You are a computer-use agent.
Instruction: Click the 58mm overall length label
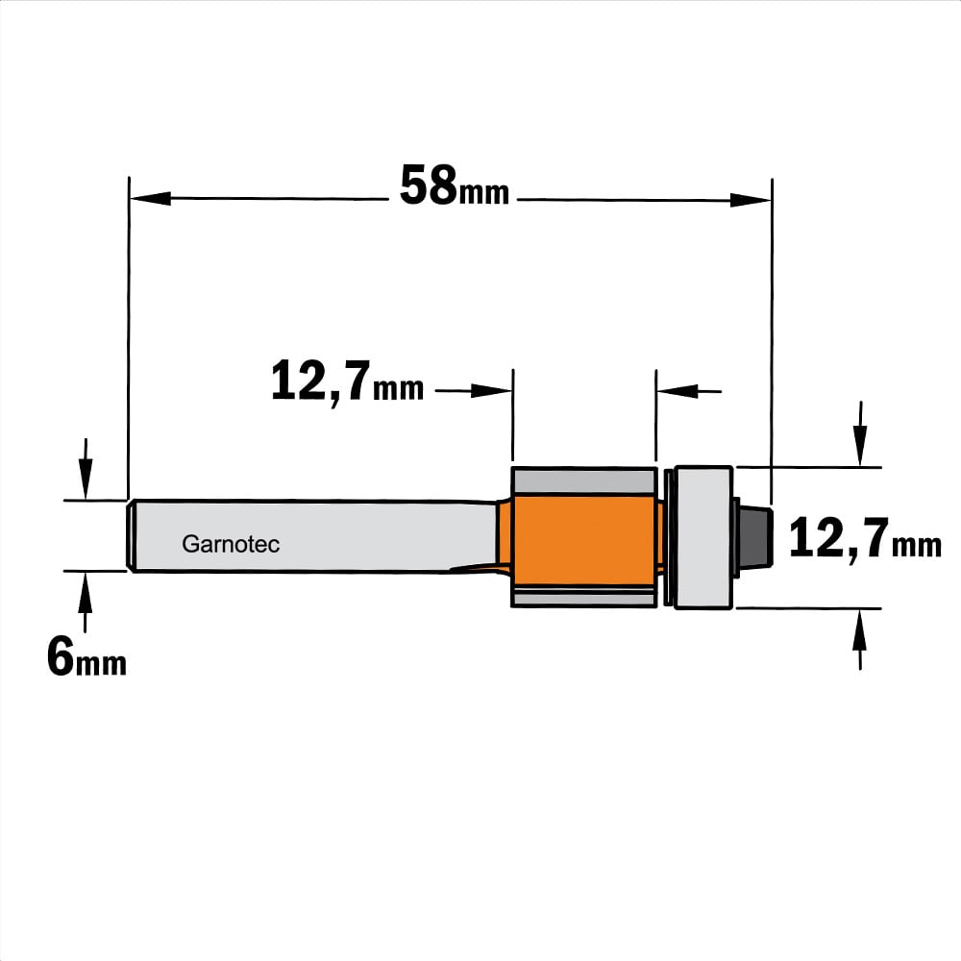pos(455,185)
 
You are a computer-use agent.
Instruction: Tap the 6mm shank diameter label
pos(86,656)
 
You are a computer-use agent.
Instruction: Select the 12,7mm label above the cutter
pos(347,382)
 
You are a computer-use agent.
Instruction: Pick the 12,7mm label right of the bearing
pos(865,539)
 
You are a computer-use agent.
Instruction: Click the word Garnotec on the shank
pos(231,544)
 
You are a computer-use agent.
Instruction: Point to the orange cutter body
pos(585,538)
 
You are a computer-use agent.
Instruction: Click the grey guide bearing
pos(703,537)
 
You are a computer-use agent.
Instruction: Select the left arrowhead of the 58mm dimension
pos(150,199)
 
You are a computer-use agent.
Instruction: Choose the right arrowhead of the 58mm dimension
pos(751,200)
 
